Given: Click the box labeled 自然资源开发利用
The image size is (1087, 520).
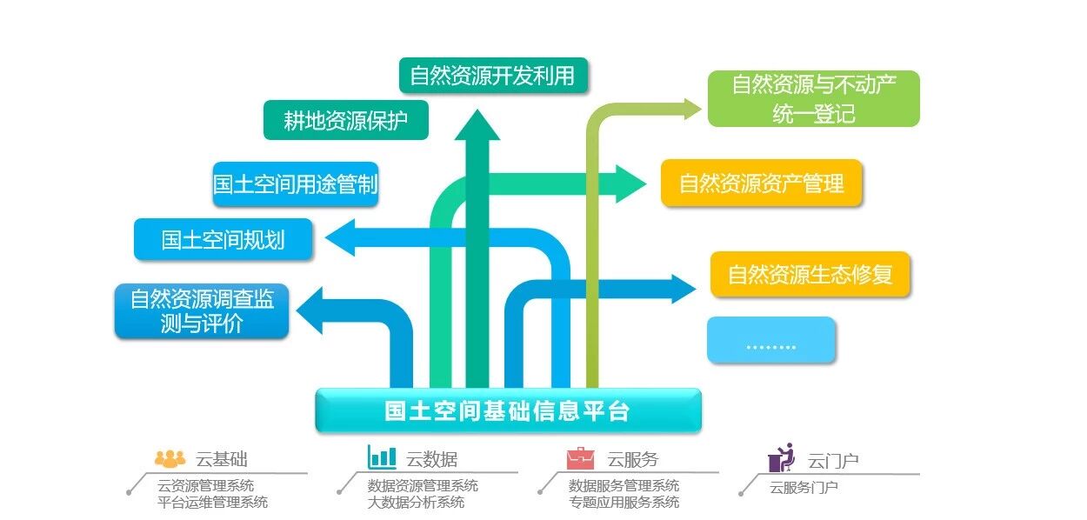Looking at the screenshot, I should pos(492,76).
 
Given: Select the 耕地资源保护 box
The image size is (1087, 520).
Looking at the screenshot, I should pos(346,120).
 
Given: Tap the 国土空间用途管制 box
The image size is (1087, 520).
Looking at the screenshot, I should pos(296,184).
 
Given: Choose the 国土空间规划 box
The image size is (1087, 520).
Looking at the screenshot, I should pos(223,239).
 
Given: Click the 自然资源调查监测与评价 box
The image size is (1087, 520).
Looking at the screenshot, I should pos(202,311).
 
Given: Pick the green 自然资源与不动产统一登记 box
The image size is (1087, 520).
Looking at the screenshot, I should pos(813,98).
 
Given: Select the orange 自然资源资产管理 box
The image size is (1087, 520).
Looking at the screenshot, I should pos(761,183).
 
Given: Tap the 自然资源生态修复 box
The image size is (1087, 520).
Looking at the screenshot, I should pos(810,275).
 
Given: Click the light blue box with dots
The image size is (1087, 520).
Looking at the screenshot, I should pos(771,340).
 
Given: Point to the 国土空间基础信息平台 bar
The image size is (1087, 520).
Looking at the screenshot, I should pos(508,410).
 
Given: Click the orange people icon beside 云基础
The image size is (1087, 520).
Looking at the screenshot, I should pos(170,458).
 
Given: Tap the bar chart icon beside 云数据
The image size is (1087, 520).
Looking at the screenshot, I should pos(382,457).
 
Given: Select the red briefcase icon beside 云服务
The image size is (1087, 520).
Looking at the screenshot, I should pos(580,457).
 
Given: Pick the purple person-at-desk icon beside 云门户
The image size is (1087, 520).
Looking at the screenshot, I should pos(781,457).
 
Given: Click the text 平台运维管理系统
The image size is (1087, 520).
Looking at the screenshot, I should pos(212,502).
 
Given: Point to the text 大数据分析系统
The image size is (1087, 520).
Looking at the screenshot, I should pos(416,502).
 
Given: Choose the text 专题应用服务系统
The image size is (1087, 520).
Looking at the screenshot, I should pos(624,502).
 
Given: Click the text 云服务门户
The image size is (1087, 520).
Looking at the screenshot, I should pos(804,487).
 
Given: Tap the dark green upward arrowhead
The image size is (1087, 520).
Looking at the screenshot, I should pos(477,124).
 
